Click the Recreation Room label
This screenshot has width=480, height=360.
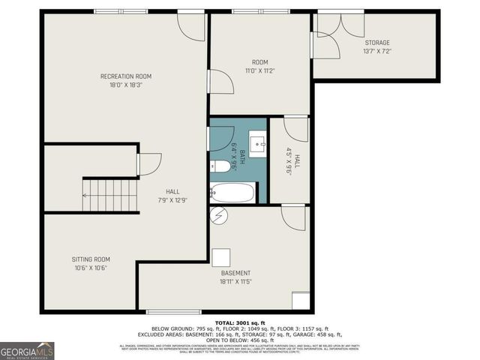126,76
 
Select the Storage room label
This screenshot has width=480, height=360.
377,43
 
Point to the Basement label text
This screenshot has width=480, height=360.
235,273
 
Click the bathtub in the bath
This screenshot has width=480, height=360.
232,193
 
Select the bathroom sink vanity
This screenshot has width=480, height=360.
257,142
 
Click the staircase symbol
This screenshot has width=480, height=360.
110,196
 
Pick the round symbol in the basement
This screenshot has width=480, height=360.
219,216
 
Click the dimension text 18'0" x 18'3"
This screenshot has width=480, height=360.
126,85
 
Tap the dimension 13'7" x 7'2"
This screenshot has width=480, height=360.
377,52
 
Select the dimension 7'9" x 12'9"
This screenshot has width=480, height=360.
172,200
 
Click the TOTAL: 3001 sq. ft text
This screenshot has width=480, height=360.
241,322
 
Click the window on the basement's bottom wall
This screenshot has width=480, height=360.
173,311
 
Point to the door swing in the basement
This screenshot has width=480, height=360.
294,217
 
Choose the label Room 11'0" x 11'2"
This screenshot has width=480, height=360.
260,66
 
